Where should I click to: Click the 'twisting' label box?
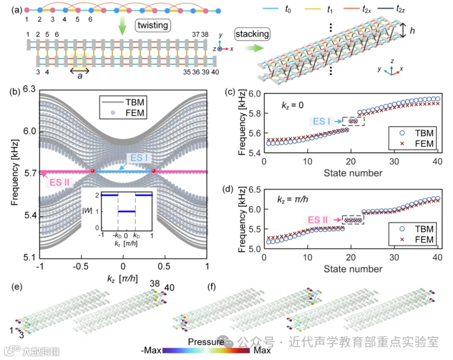point(153,26)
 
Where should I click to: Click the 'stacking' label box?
point(252,34)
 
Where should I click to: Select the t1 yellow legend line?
point(313,9)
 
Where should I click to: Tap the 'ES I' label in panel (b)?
point(139,158)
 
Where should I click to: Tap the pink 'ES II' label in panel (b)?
point(59,183)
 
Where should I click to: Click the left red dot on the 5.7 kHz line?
point(93,171)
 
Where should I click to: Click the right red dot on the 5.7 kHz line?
point(154,171)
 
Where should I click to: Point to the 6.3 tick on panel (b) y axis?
point(29,89)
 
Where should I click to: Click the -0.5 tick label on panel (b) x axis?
point(81,266)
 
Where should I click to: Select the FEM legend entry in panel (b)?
point(123,113)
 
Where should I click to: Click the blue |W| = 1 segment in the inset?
point(126,211)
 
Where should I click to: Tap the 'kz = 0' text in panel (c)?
point(292,105)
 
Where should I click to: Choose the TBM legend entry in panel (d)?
point(416,229)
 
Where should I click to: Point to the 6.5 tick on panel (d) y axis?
point(255,190)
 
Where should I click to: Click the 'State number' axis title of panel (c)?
point(353,173)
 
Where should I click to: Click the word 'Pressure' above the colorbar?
point(206,342)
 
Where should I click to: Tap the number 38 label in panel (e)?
point(155,284)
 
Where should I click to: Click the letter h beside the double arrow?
point(412,30)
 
